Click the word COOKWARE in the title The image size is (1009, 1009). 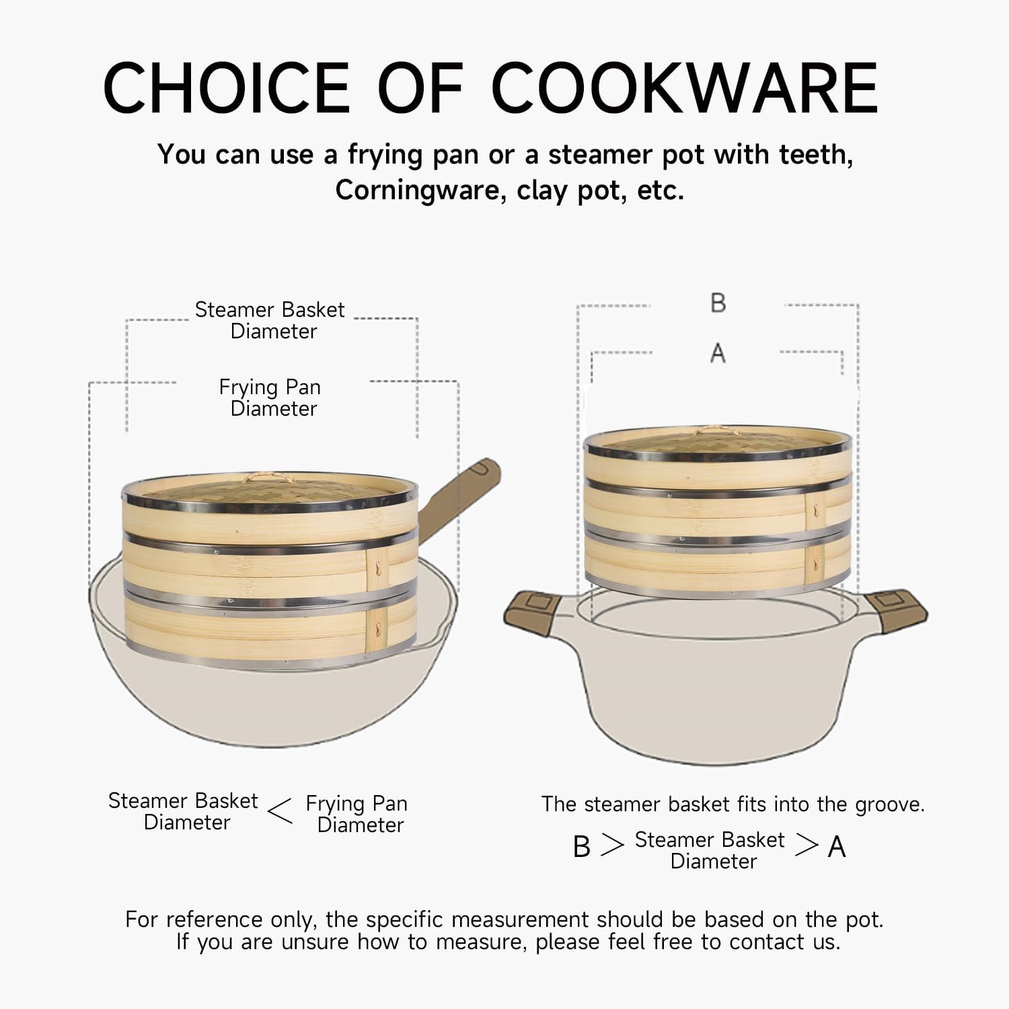[x=685, y=88]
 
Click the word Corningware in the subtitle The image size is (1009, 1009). [x=420, y=191]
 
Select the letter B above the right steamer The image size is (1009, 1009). [x=718, y=303]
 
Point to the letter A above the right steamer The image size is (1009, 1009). [x=718, y=352]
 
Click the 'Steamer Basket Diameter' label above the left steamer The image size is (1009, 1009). [x=270, y=320]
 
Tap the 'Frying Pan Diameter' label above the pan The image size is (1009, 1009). [x=270, y=398]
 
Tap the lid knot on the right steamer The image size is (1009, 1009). [x=717, y=431]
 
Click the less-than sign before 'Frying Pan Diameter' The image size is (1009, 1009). [x=280, y=811]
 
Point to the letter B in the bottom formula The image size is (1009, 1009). [x=582, y=847]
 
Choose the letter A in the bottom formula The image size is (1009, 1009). [x=837, y=847]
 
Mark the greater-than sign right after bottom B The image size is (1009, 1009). [x=612, y=845]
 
